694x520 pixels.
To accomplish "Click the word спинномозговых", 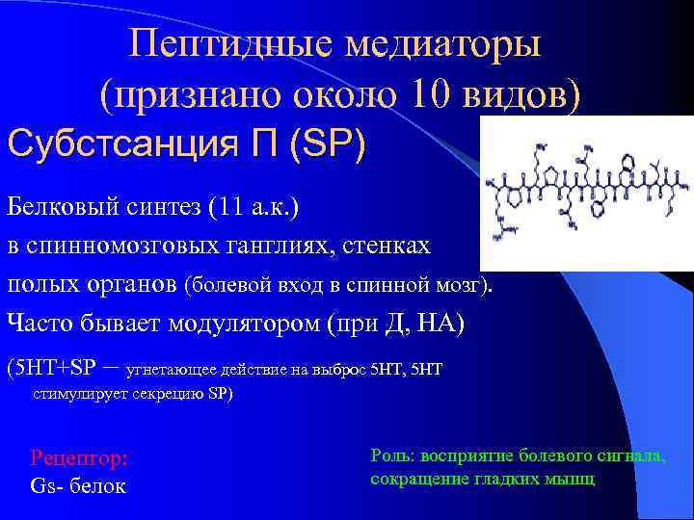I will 124,247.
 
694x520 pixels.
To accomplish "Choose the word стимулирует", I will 72,394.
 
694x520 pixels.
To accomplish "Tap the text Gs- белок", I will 79,485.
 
